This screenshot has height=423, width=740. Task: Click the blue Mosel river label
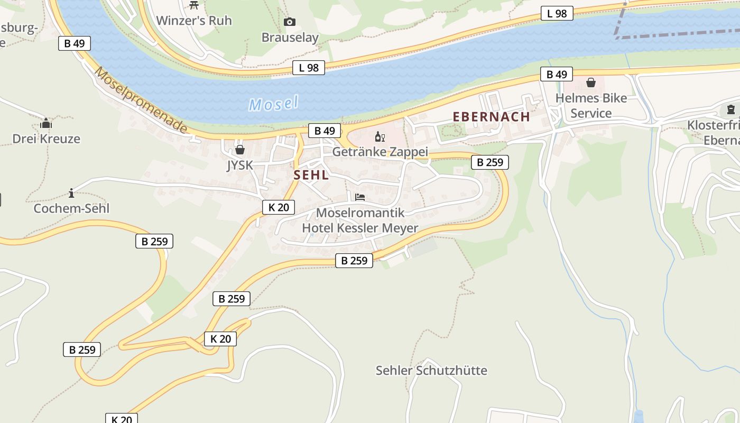coord(274,104)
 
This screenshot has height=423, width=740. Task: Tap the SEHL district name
coord(311,175)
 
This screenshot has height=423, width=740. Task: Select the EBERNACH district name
coord(491,117)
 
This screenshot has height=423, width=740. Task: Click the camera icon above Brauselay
coord(289,22)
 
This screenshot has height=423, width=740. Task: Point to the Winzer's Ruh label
coord(194,21)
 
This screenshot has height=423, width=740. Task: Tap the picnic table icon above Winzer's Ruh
coord(194,5)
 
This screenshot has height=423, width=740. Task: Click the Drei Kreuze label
coord(47,139)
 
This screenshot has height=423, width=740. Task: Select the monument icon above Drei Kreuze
coord(46,124)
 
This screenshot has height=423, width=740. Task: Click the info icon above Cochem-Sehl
coord(71,193)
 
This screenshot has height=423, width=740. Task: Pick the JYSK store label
coord(240,165)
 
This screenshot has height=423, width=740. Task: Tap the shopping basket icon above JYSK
coord(240,150)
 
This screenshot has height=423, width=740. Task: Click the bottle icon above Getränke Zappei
coord(380,137)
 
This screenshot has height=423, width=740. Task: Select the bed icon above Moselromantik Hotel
coord(360,197)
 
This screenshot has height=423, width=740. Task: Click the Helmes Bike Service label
coord(591,106)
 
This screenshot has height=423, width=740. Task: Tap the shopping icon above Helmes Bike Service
coord(591,82)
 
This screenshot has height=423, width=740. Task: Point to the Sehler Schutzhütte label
coord(431,370)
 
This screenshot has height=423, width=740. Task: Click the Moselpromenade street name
coord(141,100)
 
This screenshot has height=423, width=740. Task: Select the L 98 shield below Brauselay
coord(309,67)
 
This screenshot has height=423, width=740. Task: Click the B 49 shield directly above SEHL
coord(325,131)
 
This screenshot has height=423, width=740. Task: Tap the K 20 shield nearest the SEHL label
coord(279,207)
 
